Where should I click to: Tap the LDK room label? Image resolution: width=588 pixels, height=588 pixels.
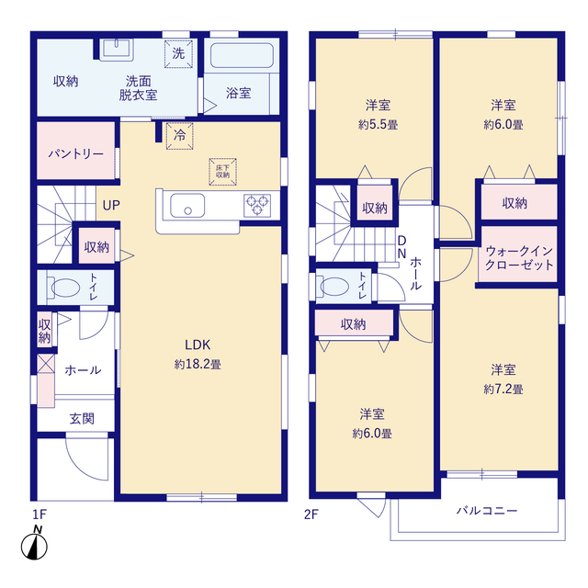click(198, 345)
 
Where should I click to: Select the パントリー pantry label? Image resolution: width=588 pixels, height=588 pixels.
click(76, 153)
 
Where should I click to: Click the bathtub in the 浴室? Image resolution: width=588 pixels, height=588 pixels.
click(242, 55)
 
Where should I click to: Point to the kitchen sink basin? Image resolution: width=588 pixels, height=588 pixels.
click(187, 206)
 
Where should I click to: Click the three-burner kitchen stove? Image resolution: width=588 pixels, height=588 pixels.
click(257, 206)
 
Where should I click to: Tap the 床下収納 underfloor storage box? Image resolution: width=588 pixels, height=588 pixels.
click(222, 172)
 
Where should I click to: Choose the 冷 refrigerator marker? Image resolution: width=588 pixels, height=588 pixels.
click(180, 135)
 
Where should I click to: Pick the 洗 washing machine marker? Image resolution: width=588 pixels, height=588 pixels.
click(178, 54)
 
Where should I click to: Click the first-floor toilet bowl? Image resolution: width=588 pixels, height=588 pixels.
click(64, 288)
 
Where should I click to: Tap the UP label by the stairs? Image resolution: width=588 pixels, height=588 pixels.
click(111, 205)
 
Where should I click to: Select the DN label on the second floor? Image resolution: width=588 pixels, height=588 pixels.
click(401, 247)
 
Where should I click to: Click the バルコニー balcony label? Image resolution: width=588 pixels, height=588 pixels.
click(487, 511)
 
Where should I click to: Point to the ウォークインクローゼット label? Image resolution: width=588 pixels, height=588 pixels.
click(519, 258)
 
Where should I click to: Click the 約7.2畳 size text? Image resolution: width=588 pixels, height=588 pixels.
click(503, 390)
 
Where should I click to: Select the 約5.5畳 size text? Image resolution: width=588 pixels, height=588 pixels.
click(378, 125)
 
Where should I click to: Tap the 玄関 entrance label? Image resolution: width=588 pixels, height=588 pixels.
click(82, 419)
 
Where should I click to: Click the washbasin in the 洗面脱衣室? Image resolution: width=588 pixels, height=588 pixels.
click(117, 50)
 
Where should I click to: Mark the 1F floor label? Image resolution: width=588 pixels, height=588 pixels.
click(39, 514)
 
